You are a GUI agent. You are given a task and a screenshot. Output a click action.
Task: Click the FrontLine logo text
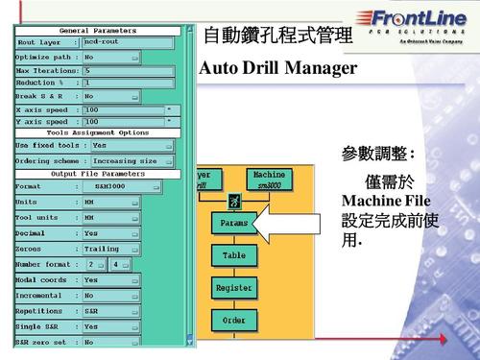click(416, 20)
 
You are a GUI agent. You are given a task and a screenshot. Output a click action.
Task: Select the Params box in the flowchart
click(234, 223)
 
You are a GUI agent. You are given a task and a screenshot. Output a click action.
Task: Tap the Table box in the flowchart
click(234, 255)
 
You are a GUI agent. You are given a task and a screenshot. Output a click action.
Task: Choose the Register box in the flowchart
click(234, 287)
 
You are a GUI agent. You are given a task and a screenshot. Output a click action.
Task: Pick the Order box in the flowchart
click(234, 320)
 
